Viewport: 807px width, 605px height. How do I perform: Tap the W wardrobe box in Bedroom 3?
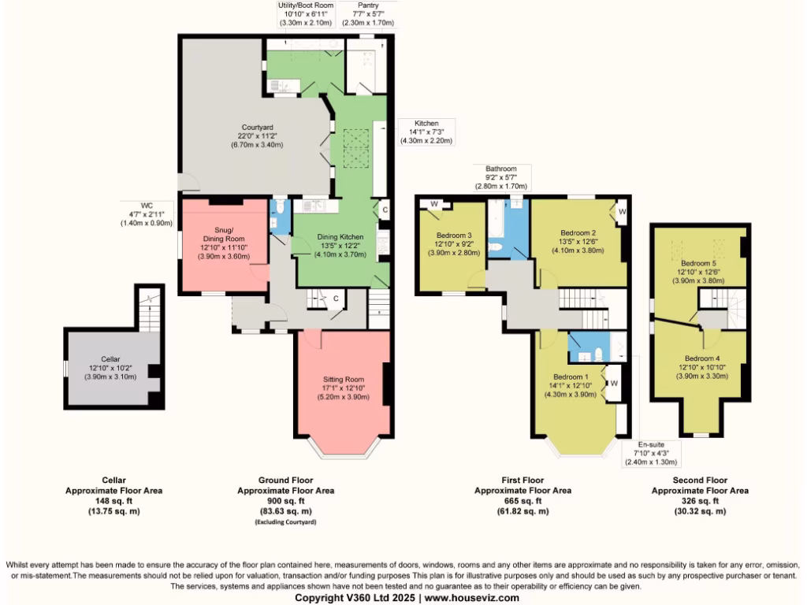(434, 203)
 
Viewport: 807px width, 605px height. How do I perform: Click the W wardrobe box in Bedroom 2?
(622, 211)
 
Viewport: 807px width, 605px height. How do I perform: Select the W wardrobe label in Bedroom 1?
(614, 384)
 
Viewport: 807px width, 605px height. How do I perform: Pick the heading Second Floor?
(700, 480)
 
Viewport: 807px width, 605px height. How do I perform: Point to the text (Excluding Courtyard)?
(285, 522)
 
